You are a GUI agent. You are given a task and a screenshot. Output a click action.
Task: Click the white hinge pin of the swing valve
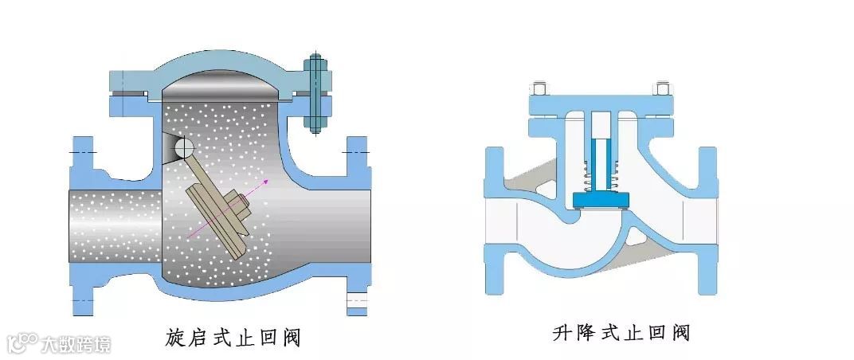(184, 149)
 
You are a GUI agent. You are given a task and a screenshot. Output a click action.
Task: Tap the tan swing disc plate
(220, 220)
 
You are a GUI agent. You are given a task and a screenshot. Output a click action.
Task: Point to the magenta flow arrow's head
(266, 182)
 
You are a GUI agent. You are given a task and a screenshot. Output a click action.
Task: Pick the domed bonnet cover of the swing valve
(215, 68)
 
